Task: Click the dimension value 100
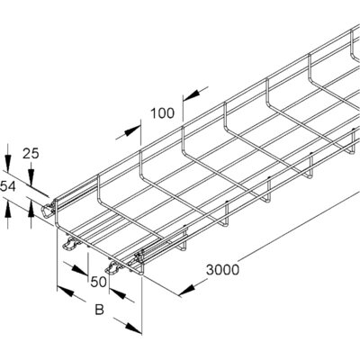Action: [x=162, y=113]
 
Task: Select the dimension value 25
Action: [x=31, y=154]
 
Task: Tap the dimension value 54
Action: [x=8, y=186]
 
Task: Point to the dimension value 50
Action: [x=99, y=282]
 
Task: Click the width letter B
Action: [x=99, y=310]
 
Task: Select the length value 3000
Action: [x=222, y=270]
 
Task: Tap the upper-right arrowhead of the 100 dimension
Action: [x=192, y=95]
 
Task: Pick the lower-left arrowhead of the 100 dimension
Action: [x=132, y=131]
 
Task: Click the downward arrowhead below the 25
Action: [x=31, y=175]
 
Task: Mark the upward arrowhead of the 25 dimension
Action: [x=31, y=209]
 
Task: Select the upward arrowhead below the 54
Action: [x=8, y=209]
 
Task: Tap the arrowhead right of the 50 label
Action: [x=117, y=293]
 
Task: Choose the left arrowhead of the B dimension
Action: [x=66, y=291]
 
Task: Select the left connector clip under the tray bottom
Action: [x=69, y=244]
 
